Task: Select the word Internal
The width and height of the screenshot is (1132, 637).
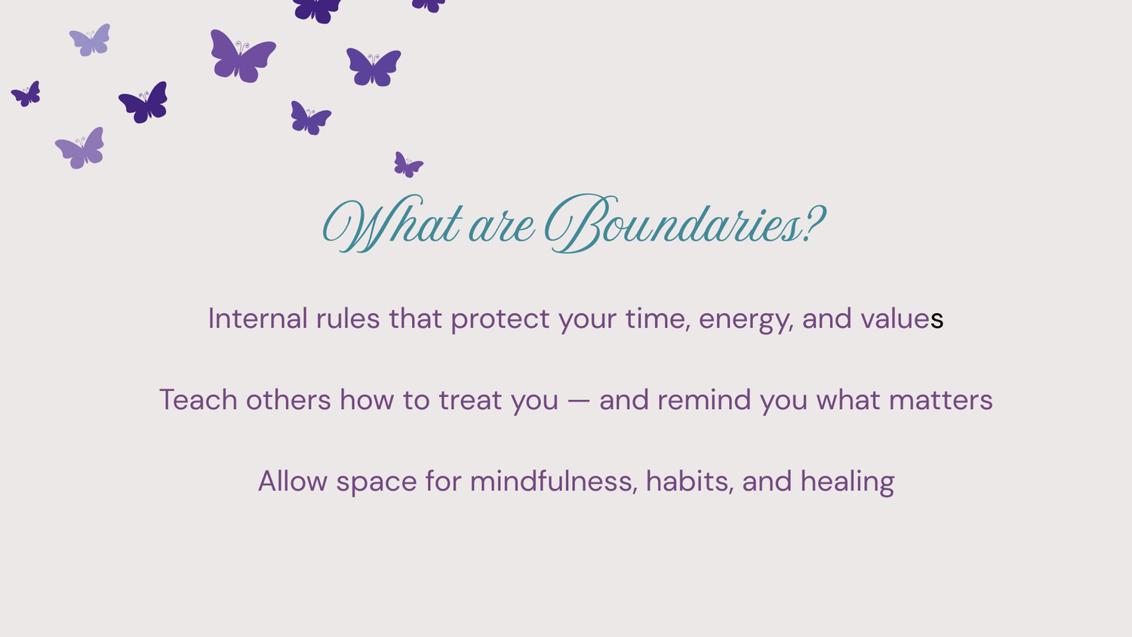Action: click(258, 318)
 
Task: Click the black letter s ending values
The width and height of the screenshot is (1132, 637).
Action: click(937, 320)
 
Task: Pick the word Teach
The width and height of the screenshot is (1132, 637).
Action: click(198, 400)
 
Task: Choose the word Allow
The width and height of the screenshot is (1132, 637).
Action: click(293, 481)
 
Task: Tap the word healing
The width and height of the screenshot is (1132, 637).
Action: click(847, 482)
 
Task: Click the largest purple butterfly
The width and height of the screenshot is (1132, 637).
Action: click(243, 57)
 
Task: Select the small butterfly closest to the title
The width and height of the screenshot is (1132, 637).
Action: click(408, 165)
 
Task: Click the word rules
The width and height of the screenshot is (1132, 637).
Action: click(348, 318)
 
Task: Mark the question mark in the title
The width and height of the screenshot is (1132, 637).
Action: click(814, 223)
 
